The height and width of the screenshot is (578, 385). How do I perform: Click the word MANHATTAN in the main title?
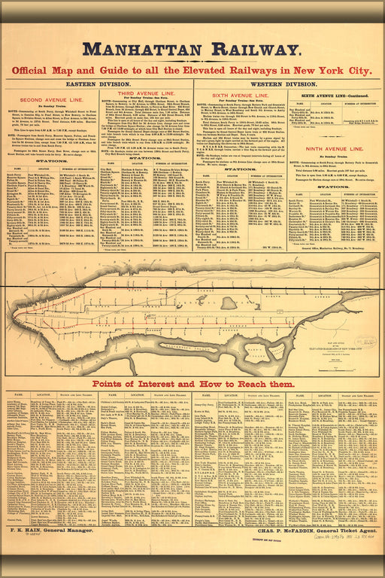click(148, 50)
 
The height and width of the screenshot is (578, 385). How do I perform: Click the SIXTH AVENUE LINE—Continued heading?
click(330, 96)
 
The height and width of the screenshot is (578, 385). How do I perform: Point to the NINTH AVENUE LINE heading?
click(330, 150)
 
